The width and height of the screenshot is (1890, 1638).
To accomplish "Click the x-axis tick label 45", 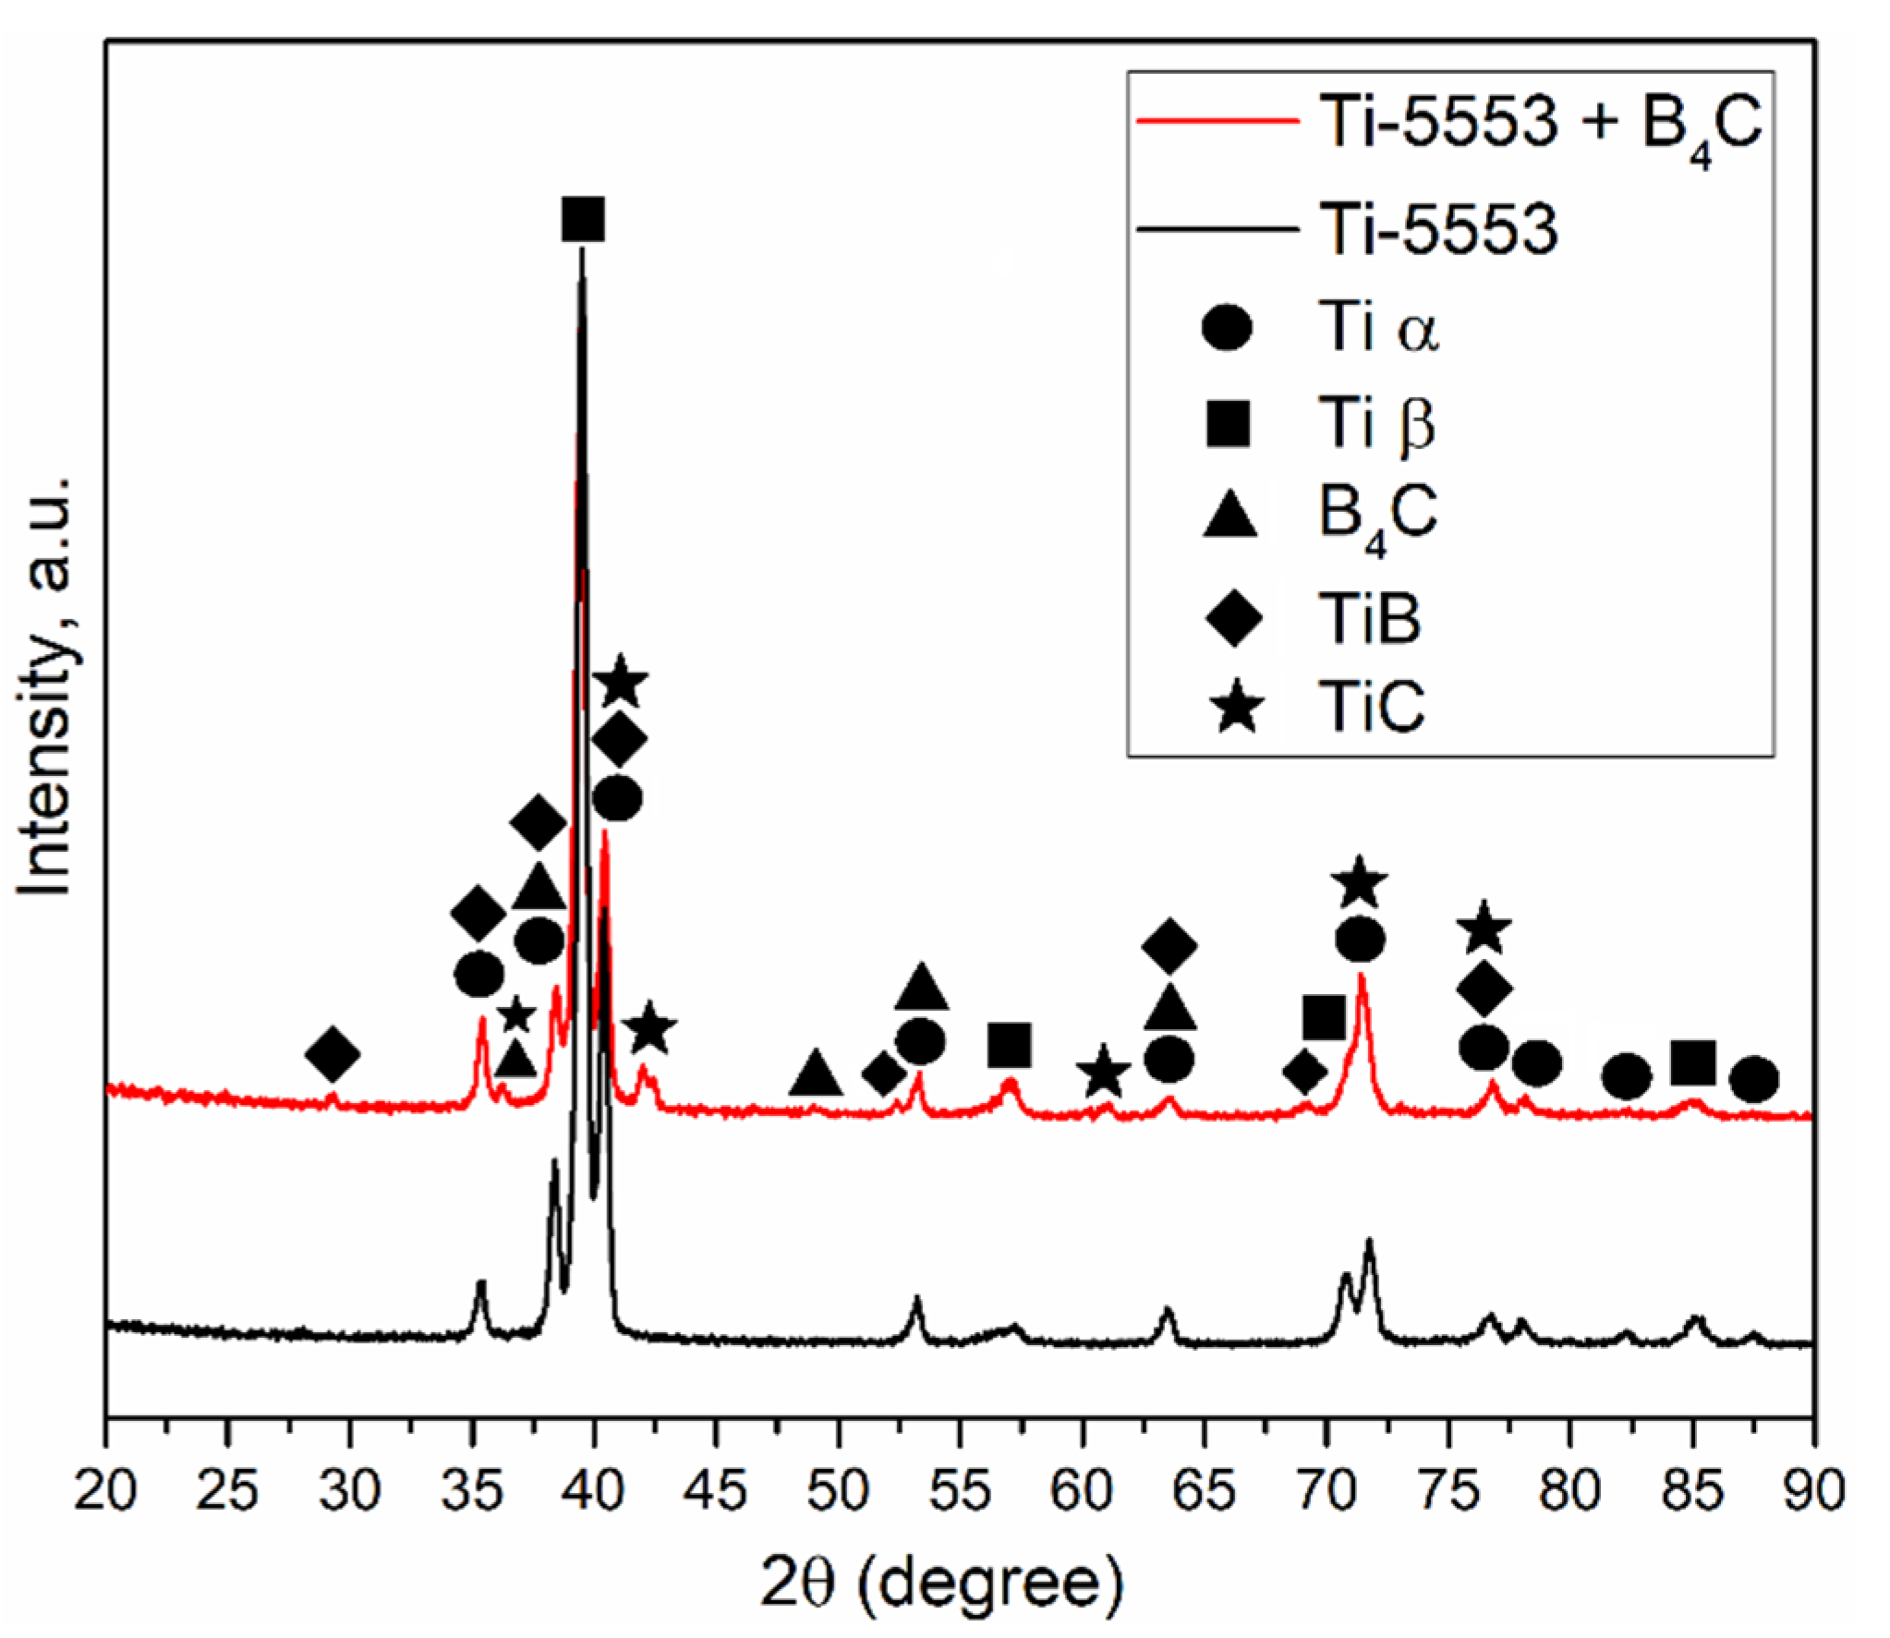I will [717, 1490].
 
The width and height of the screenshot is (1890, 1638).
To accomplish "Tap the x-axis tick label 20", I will [106, 1490].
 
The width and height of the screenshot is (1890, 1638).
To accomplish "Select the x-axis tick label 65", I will [1205, 1490].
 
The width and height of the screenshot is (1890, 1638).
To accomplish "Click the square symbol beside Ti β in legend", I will [1228, 424].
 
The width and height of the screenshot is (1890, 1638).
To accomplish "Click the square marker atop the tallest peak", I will [583, 218].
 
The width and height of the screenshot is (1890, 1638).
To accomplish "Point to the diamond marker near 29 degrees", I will [333, 1053].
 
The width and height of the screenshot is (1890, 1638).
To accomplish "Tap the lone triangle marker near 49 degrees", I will [816, 1074].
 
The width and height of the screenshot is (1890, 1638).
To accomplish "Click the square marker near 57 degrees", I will [1009, 1045].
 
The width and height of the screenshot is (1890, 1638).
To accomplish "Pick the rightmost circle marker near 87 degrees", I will [1753, 1079].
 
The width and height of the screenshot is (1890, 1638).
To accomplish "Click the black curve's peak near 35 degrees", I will [480, 1282].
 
